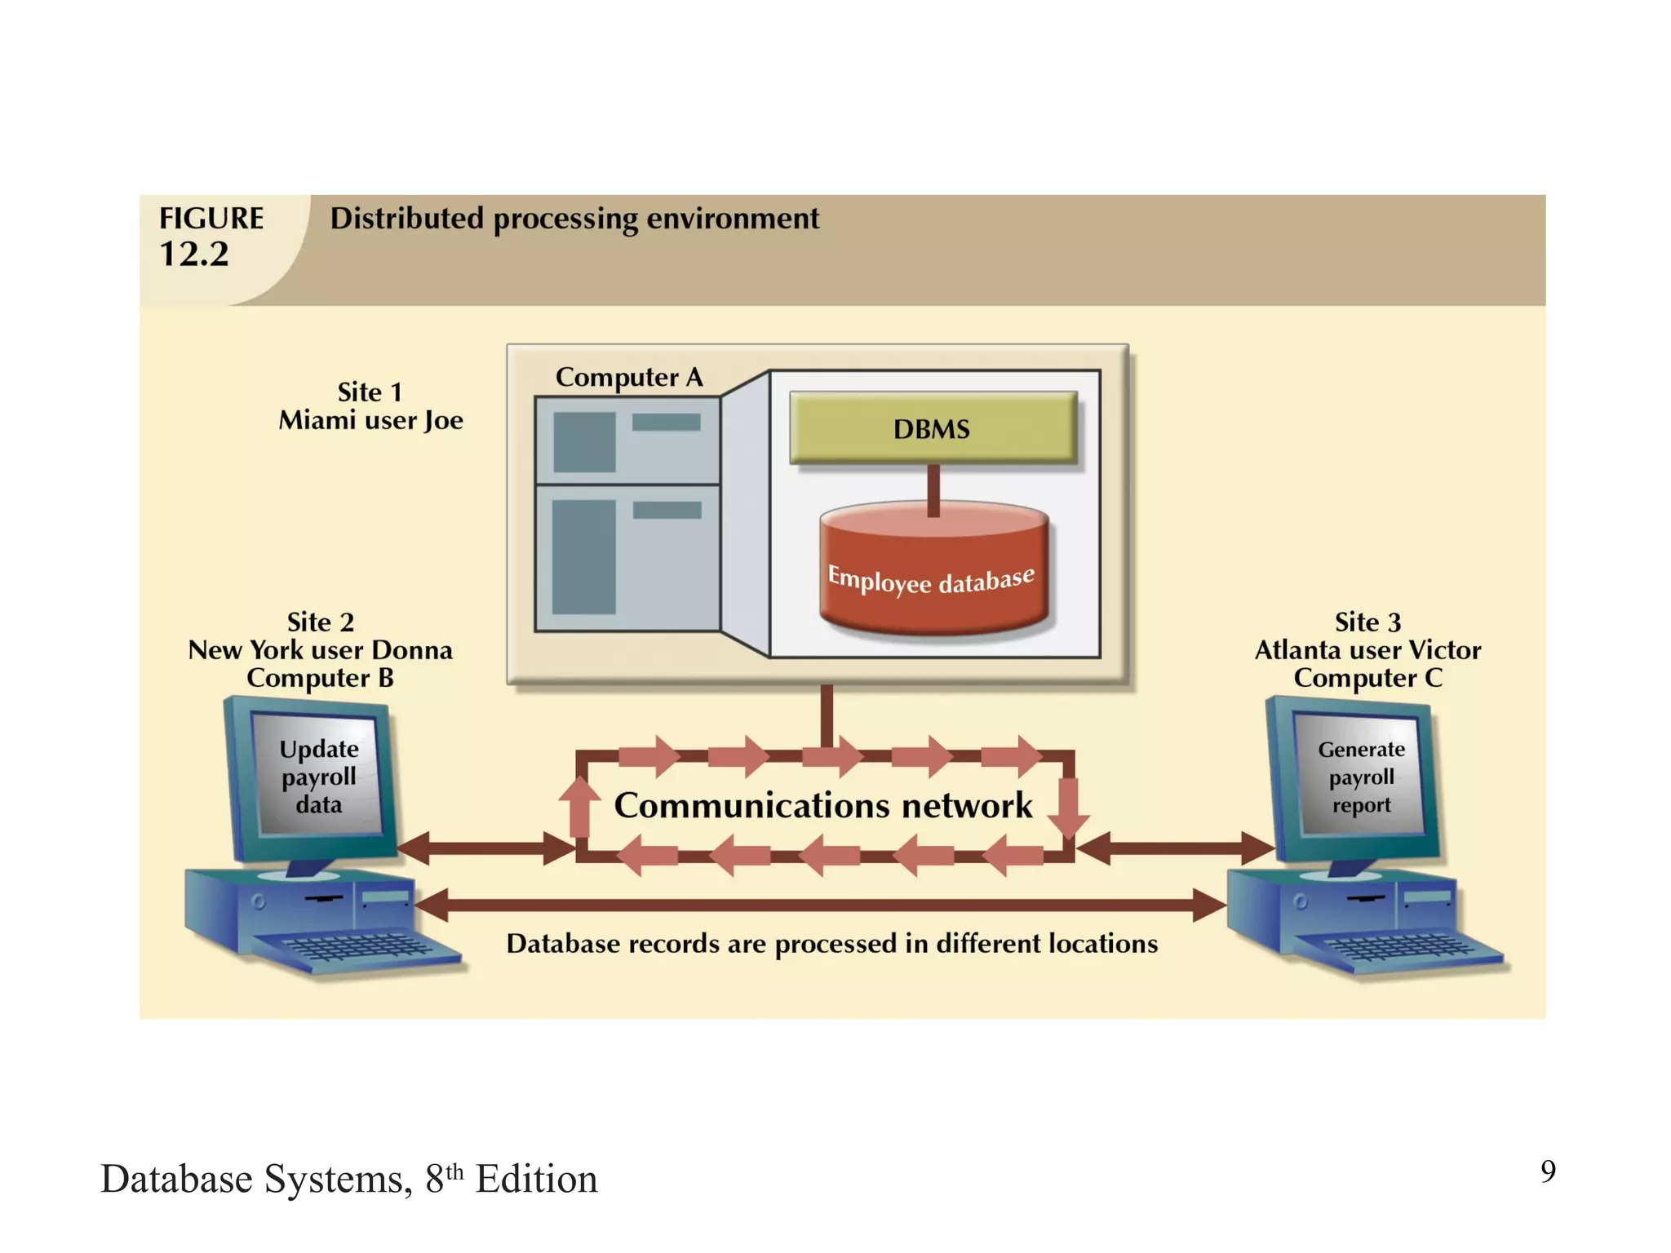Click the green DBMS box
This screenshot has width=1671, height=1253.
click(x=933, y=428)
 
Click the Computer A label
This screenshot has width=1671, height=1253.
click(x=628, y=377)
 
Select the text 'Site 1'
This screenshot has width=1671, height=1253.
click(x=370, y=392)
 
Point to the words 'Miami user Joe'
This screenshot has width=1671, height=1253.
click(x=370, y=421)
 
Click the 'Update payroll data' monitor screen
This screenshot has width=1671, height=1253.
click(x=319, y=776)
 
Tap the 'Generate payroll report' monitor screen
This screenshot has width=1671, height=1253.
click(x=1361, y=776)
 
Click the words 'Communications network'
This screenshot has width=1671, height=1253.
click(x=822, y=805)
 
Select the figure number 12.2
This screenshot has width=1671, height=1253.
click(x=194, y=255)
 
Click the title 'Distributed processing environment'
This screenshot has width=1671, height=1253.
click(x=574, y=219)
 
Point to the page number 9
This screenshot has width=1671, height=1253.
click(x=1547, y=1171)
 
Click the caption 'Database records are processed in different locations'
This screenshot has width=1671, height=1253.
click(x=831, y=944)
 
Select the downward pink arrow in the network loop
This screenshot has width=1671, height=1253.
click(x=1068, y=808)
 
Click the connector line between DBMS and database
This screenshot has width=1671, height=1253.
click(x=933, y=489)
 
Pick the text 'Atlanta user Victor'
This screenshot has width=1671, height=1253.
click(x=1367, y=650)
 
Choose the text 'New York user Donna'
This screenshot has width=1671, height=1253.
click(x=320, y=650)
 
